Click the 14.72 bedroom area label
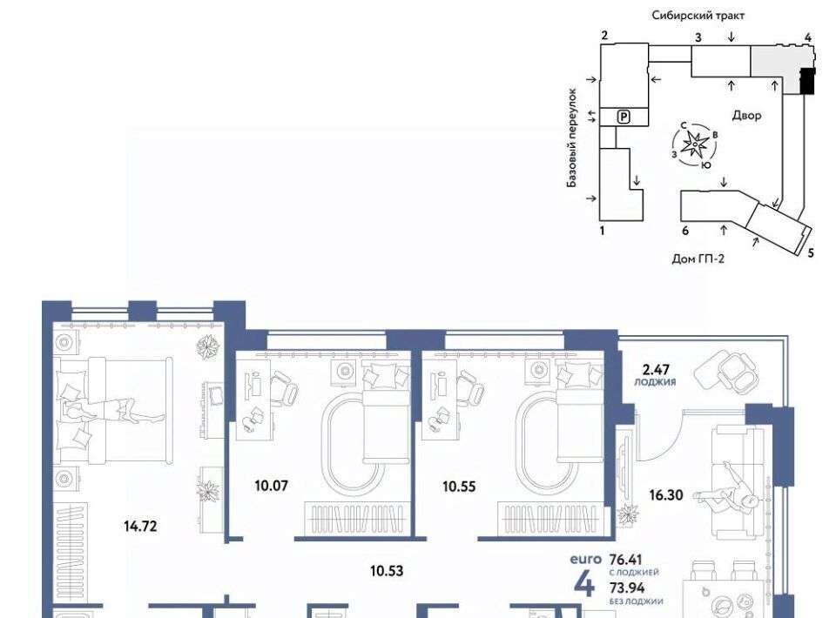[140, 527]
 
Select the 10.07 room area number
[272, 486]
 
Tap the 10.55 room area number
[459, 487]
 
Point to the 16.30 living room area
[666, 495]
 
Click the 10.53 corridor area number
[387, 571]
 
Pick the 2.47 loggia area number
[656, 370]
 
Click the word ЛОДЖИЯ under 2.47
[655, 382]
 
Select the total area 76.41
[626, 560]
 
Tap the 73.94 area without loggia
[627, 588]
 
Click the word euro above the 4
[585, 560]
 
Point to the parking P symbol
[624, 117]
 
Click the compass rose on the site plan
[695, 144]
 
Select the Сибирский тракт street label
[698, 16]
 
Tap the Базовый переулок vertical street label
[572, 138]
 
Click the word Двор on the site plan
[746, 115]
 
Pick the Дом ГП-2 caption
[698, 259]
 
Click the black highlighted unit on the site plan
[808, 82]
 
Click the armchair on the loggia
[737, 369]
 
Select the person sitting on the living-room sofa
[726, 493]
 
